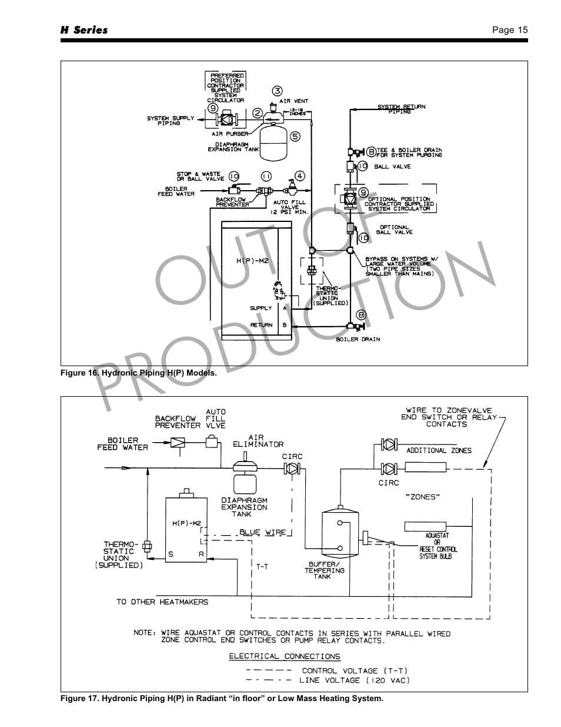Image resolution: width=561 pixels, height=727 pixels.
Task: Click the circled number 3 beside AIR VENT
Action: pos(278,91)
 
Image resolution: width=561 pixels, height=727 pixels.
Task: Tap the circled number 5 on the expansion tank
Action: pos(295,136)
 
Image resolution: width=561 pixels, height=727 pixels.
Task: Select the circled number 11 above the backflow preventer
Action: pos(266,176)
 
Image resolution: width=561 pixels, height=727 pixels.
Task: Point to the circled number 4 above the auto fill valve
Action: pos(300,175)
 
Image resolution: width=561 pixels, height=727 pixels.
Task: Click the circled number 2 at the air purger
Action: pos(258,113)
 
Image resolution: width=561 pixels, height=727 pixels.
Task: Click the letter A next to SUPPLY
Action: pos(285,308)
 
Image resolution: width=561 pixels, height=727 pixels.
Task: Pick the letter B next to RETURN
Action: pos(285,325)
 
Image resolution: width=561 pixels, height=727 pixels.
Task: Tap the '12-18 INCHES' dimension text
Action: pos(297,111)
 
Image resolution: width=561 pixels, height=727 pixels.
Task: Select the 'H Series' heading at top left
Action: pos(84,30)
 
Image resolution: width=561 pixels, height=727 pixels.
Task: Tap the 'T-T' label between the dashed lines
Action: pos(262,567)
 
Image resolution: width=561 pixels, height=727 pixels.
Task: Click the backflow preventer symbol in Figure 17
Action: pos(178,441)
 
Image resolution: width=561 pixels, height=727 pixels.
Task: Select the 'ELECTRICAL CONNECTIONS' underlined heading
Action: pos(285,656)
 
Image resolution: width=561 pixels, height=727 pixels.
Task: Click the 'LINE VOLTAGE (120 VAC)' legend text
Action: pos(354,680)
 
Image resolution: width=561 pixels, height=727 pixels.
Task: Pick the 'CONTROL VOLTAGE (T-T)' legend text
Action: pos(355,670)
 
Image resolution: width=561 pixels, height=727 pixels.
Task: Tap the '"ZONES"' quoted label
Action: pos(423,497)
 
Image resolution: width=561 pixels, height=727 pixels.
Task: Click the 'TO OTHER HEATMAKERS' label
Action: pos(162,602)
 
